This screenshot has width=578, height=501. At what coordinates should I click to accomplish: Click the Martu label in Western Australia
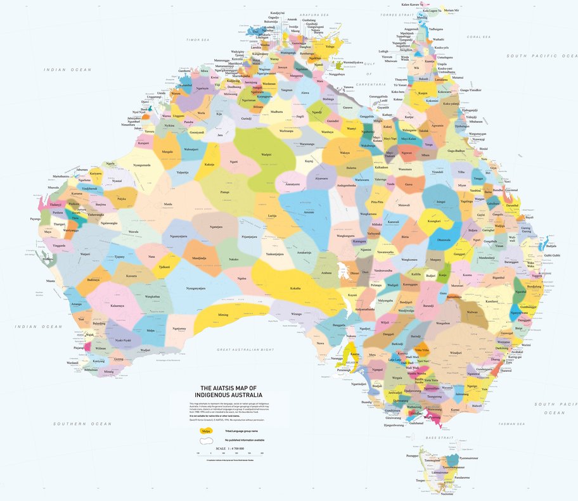pyautogui.click(x=167, y=204)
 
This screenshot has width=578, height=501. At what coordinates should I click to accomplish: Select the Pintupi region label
pyautogui.click(x=224, y=191)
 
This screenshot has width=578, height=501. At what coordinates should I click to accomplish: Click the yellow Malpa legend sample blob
pyautogui.click(x=206, y=431)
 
